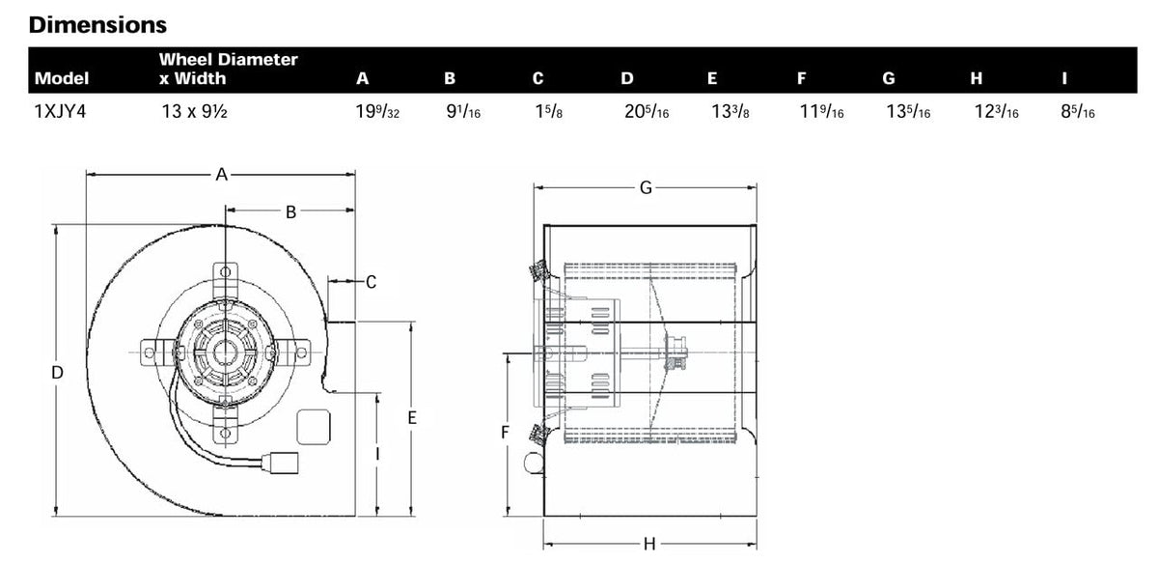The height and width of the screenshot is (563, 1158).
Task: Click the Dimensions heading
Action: click(x=97, y=25)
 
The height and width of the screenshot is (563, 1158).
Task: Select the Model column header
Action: click(x=62, y=78)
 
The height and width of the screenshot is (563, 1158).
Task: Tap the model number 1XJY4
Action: click(x=60, y=111)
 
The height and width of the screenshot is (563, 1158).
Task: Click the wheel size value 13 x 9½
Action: click(x=194, y=111)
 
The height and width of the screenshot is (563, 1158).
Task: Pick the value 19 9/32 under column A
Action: click(x=377, y=111)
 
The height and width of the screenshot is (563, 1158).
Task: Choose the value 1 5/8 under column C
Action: click(x=548, y=111)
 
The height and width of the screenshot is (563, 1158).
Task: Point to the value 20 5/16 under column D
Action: click(x=647, y=111)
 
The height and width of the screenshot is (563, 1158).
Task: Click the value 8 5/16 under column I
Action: click(x=1078, y=111)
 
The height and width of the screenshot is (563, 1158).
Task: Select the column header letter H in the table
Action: click(x=976, y=78)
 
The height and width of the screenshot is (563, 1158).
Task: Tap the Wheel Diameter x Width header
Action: click(x=228, y=69)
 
